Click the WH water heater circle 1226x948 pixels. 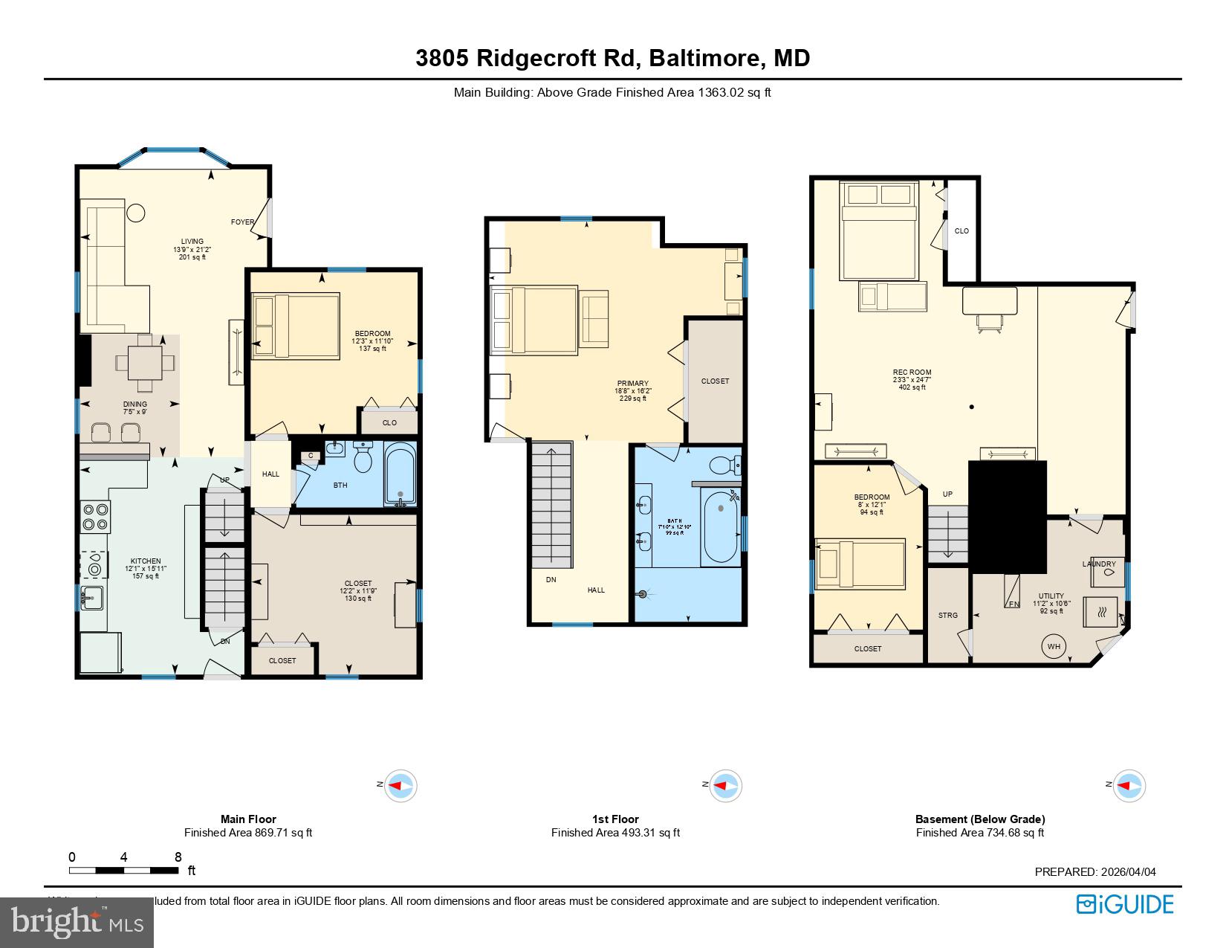[x=1054, y=646]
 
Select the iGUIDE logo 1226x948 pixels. [x=1125, y=904]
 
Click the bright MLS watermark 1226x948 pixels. [x=77, y=922]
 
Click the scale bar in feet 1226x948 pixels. [x=124, y=869]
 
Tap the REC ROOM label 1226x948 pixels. [x=912, y=373]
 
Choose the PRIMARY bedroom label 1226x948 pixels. [x=632, y=384]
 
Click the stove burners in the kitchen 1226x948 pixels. [x=95, y=516]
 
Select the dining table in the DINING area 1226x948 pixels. [x=146, y=363]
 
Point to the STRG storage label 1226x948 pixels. [x=947, y=615]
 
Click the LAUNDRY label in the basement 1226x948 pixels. [x=1098, y=564]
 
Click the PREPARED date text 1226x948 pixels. [x=1095, y=872]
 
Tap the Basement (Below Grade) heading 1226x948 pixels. [x=979, y=819]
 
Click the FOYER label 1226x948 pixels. [x=242, y=222]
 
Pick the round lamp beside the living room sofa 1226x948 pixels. [x=136, y=213]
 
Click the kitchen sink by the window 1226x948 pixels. [x=92, y=596]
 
